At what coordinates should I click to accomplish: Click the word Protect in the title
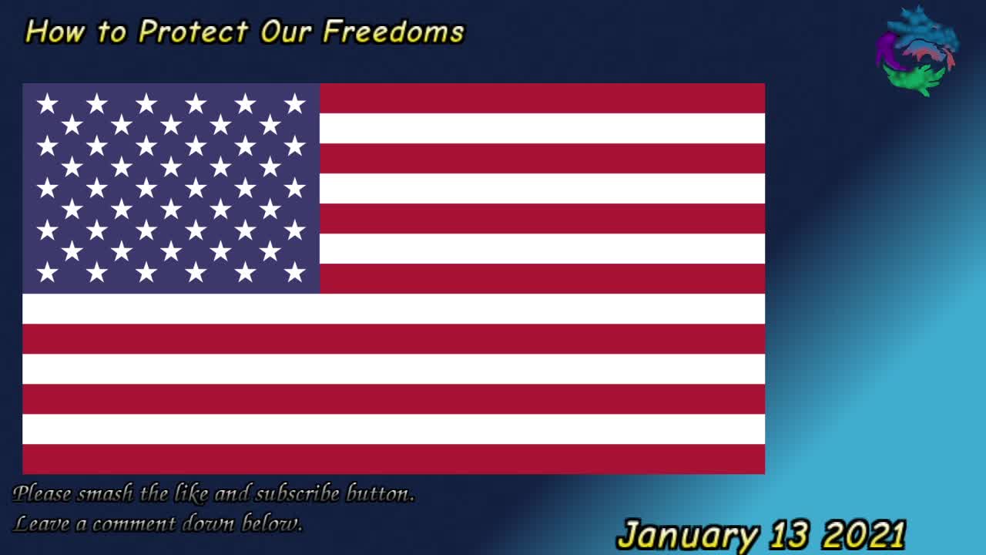click(193, 32)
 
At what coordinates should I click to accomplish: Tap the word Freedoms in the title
click(393, 32)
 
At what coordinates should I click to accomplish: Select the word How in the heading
click(55, 32)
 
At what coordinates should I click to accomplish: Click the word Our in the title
click(286, 32)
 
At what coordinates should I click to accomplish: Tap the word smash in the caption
click(106, 493)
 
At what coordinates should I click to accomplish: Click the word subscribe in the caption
click(297, 493)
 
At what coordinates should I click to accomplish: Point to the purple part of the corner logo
click(884, 49)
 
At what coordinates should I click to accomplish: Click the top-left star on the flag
click(47, 104)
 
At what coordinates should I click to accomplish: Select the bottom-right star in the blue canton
click(294, 273)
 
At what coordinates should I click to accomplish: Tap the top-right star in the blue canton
click(294, 104)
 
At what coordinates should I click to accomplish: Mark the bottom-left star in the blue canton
click(47, 273)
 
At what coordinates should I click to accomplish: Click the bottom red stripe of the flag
click(394, 459)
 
